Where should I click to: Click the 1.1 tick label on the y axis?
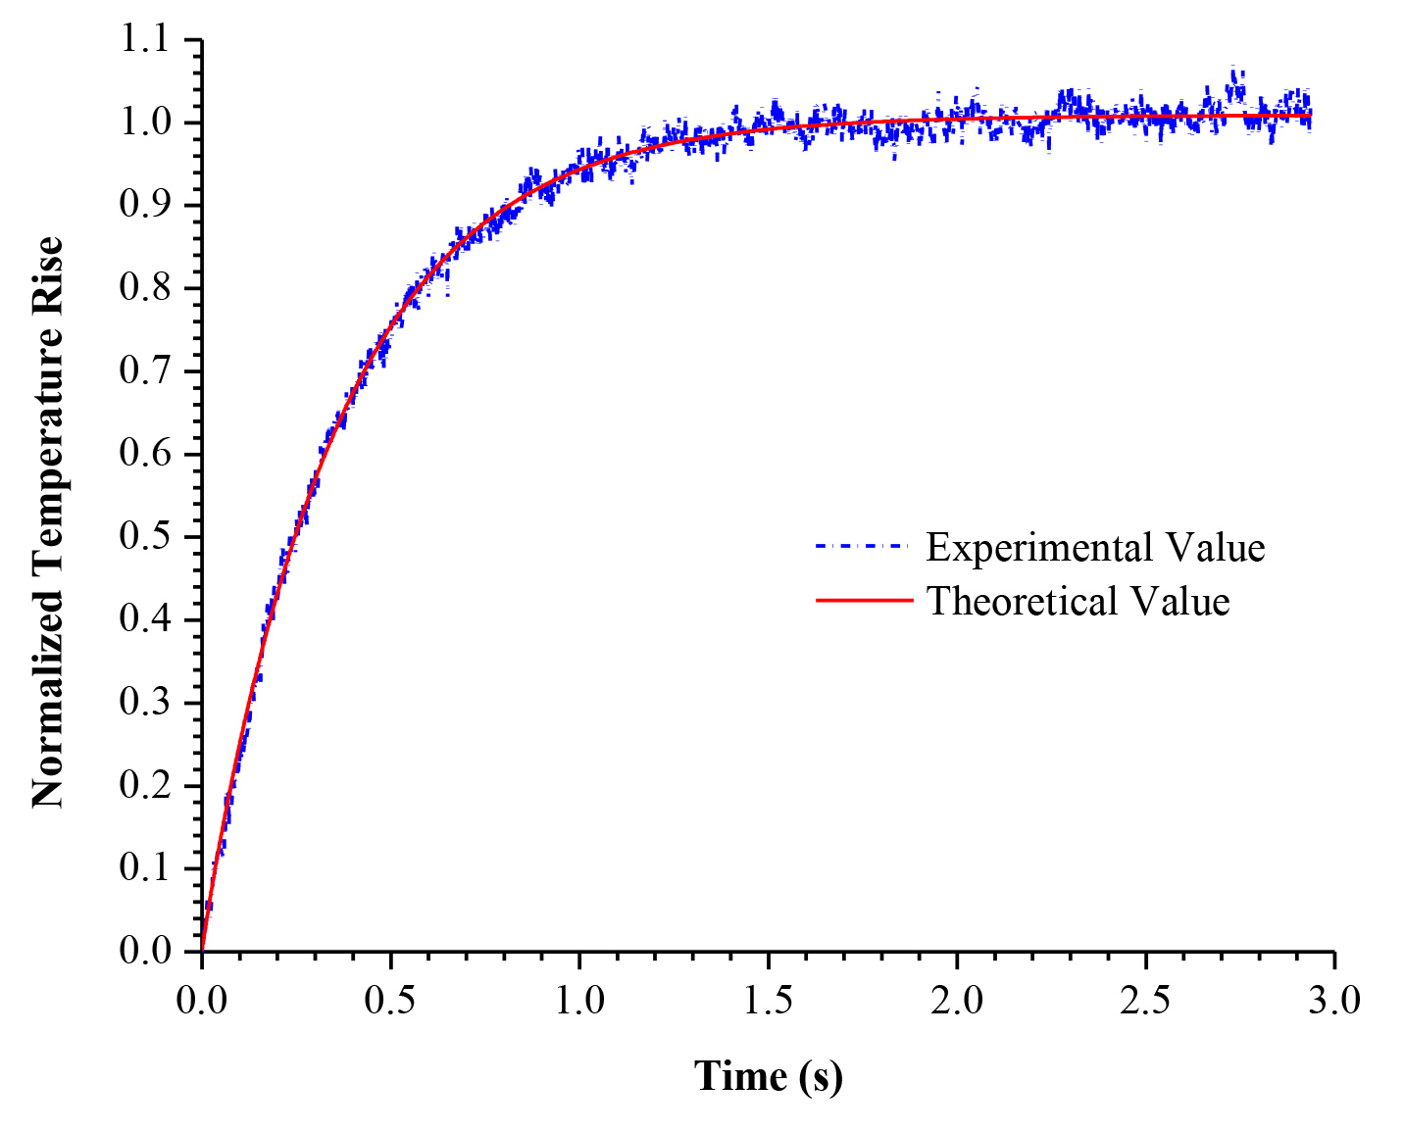[x=145, y=40]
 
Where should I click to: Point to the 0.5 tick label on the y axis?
[x=145, y=537]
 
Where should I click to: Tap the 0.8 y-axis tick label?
[x=145, y=288]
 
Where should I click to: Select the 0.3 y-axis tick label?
[x=145, y=703]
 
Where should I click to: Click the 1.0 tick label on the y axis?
[x=145, y=123]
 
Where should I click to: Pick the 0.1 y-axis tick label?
[x=145, y=868]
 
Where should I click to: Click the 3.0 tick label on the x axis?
[x=1334, y=1001]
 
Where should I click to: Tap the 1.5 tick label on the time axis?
[x=768, y=1001]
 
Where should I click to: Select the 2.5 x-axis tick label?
[x=1146, y=1001]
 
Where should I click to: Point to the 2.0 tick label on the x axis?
[x=957, y=1001]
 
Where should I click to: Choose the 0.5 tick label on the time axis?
[x=390, y=1001]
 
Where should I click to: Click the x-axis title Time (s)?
[x=768, y=1076]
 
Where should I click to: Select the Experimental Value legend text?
[x=1095, y=547]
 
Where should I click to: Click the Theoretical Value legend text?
[x=1078, y=601]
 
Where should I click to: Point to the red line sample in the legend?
[x=864, y=601]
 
